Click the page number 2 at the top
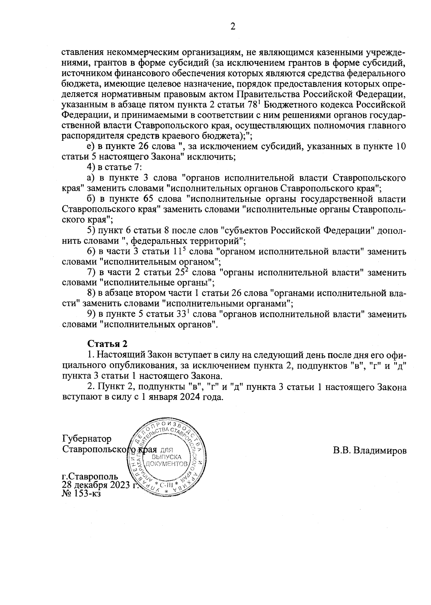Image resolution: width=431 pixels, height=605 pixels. point(233,27)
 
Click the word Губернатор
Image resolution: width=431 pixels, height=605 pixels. point(87,439)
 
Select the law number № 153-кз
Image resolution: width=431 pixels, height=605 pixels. point(82,494)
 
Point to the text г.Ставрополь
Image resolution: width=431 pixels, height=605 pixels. point(90,477)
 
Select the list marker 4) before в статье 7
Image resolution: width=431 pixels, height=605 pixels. point(91,168)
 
